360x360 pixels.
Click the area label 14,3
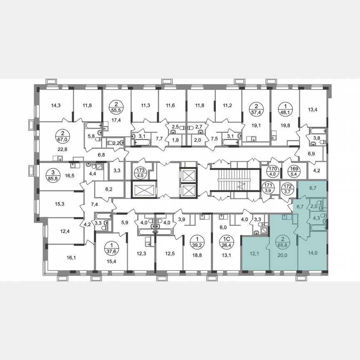point(55,105)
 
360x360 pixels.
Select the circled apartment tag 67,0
point(60,135)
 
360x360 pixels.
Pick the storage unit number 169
point(291,170)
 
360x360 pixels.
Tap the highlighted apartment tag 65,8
point(283,241)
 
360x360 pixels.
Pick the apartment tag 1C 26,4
point(225,241)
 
